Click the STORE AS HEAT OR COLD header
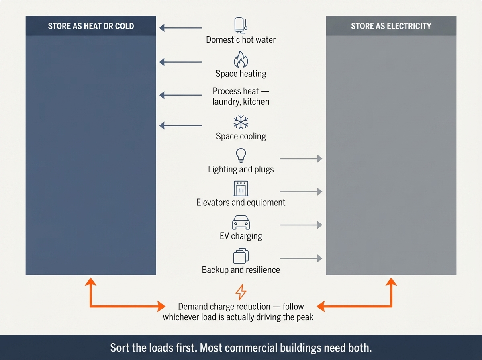[x=91, y=26]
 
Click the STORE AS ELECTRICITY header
[x=391, y=26]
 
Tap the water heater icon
[x=241, y=25]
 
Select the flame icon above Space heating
[x=241, y=59]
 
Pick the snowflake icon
[x=241, y=122]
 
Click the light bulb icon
[x=241, y=155]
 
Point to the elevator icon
[x=241, y=189]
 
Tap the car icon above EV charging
[x=241, y=222]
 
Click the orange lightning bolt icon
[x=241, y=292]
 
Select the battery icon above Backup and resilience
[x=241, y=256]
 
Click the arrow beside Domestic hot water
[x=181, y=28]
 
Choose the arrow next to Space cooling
[x=181, y=126]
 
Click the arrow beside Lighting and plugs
[x=301, y=159]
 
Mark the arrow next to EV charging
[x=301, y=225]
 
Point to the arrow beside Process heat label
[x=181, y=95]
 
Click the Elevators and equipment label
[x=241, y=202]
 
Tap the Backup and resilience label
[x=241, y=270]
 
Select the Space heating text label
[x=241, y=74]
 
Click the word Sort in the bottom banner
[x=119, y=348]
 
